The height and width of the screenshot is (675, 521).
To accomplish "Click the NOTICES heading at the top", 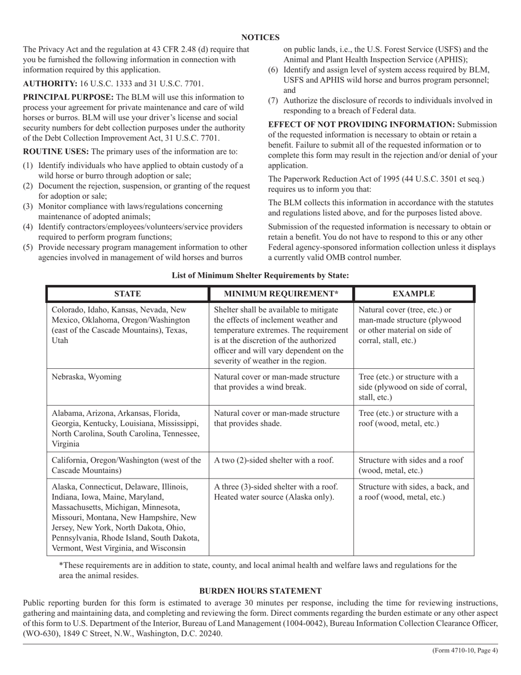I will coord(260,37).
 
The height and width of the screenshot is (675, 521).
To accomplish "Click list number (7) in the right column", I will coord(273,100).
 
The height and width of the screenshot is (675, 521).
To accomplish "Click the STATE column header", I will coord(127,294).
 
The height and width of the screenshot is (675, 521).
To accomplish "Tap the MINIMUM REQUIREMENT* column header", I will coord(281,294).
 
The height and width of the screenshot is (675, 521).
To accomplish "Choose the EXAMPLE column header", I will coord(414,294).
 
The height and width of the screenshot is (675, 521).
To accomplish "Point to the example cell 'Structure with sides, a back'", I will coord(414,492).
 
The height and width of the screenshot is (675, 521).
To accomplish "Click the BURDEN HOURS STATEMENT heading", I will coord(260,590).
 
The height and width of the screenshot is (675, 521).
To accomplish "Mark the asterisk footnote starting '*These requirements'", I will coord(258,570).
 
